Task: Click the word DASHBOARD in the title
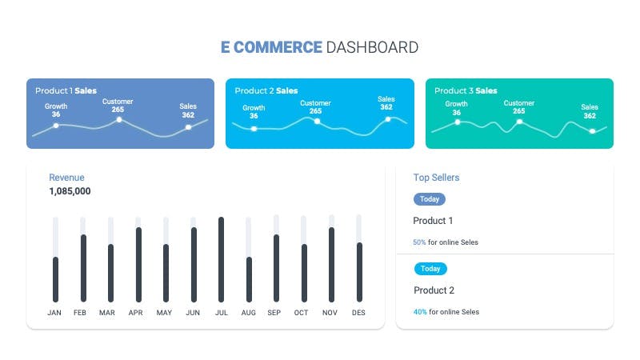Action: pyautogui.click(x=372, y=47)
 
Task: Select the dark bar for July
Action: pyautogui.click(x=222, y=259)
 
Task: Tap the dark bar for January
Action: pyautogui.click(x=55, y=279)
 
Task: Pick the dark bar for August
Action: pyautogui.click(x=249, y=279)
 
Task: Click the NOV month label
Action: pyautogui.click(x=330, y=313)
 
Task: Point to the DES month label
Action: pyautogui.click(x=358, y=313)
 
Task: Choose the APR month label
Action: pyautogui.click(x=135, y=313)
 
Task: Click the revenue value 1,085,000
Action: pyautogui.click(x=70, y=191)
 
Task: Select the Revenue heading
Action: pyautogui.click(x=66, y=178)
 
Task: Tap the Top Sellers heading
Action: pyautogui.click(x=436, y=178)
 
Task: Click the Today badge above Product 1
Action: pyautogui.click(x=430, y=199)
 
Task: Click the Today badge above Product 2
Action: pyautogui.click(x=430, y=269)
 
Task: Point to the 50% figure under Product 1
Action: pyautogui.click(x=419, y=242)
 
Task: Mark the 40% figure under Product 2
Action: pyautogui.click(x=420, y=312)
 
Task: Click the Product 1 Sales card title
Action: pyautogui.click(x=66, y=90)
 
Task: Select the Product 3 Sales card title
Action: pyautogui.click(x=466, y=90)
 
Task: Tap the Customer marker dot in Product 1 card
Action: pyautogui.click(x=119, y=119)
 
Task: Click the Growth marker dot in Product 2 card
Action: pyautogui.click(x=254, y=129)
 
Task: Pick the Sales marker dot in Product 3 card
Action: pyautogui.click(x=592, y=131)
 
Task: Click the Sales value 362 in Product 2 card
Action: pyautogui.click(x=386, y=107)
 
